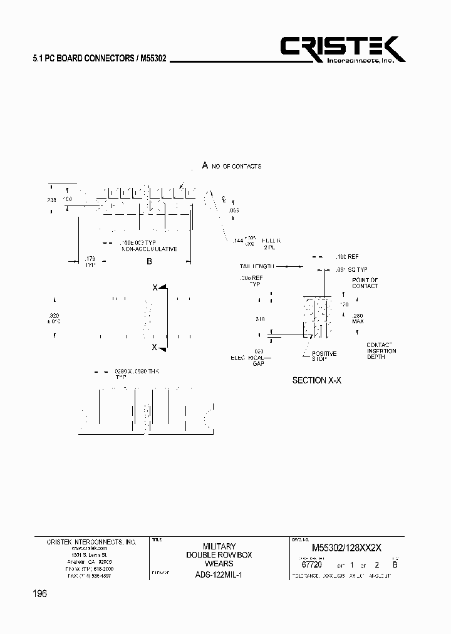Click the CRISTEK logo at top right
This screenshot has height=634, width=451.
point(342,49)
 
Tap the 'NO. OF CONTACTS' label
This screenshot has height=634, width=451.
point(236,166)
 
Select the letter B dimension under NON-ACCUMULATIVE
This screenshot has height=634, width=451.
point(149,261)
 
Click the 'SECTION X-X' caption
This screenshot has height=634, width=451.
point(317,380)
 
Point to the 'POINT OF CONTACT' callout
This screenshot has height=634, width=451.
point(365,283)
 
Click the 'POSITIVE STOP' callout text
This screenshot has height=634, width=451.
point(324,356)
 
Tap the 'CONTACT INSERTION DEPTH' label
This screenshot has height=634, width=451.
point(381,351)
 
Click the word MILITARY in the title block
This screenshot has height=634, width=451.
point(219,546)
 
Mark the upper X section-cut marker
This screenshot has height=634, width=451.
point(155,287)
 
